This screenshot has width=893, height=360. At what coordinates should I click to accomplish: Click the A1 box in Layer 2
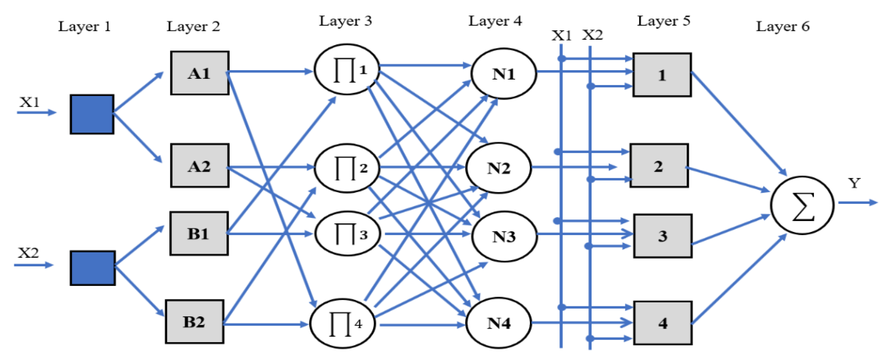[199, 73]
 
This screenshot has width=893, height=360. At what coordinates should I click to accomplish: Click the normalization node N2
[498, 168]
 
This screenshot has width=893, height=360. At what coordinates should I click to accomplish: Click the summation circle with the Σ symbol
[802, 205]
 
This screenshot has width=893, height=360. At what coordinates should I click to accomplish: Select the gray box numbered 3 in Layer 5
[663, 236]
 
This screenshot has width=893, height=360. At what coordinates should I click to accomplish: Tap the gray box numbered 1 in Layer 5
[662, 74]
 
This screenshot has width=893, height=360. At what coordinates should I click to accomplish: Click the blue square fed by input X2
[93, 268]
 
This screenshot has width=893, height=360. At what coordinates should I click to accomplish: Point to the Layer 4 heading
[495, 21]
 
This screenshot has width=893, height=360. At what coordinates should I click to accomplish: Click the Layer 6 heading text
[782, 26]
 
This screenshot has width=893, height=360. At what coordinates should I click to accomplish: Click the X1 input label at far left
[29, 102]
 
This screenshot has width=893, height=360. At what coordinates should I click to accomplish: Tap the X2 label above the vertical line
[592, 35]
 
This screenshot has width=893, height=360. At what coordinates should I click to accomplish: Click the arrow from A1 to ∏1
[271, 71]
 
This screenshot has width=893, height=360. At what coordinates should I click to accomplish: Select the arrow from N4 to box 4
[582, 322]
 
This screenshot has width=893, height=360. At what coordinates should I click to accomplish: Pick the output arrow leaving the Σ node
[858, 203]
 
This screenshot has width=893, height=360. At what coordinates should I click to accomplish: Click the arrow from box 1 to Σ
[739, 123]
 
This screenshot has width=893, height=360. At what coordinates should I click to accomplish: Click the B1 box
[199, 233]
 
